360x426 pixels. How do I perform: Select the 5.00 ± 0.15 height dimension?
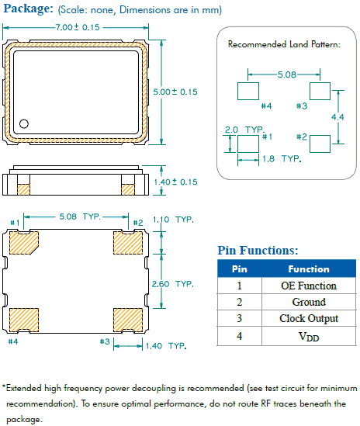coord(176,92)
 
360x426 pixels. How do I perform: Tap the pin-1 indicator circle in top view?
coord(24,123)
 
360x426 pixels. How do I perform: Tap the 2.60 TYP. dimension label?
coord(173,284)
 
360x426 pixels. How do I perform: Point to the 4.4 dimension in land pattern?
coord(337,116)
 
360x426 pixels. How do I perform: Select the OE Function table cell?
coord(308,286)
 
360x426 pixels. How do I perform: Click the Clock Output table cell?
coord(308,319)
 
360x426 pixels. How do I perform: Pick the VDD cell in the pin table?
coord(308,337)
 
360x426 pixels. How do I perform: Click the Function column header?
coord(308,268)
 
